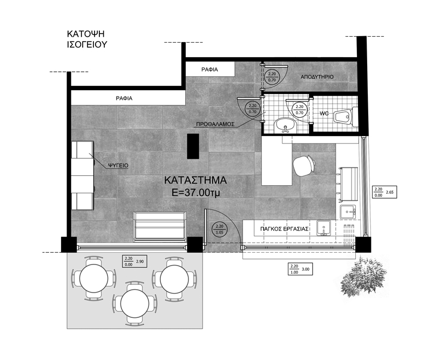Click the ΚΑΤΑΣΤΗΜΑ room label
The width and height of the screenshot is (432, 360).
(x=195, y=180)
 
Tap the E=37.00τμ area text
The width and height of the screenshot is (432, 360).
(x=196, y=193)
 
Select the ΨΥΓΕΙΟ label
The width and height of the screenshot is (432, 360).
(x=118, y=165)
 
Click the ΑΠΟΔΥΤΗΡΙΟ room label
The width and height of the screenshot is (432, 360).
(x=317, y=77)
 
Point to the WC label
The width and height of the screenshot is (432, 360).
(x=325, y=113)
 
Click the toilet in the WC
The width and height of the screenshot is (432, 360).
(x=346, y=117)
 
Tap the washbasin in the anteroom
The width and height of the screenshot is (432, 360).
(x=285, y=126)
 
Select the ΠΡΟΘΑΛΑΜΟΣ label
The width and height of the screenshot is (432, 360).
(x=215, y=124)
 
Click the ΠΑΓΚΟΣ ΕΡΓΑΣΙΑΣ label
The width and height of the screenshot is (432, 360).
(x=284, y=229)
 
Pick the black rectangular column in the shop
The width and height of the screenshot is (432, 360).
(x=193, y=146)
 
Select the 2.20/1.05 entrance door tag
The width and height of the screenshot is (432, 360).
(x=220, y=229)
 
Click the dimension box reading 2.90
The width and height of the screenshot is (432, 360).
(x=134, y=261)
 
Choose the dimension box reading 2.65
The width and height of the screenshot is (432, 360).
(x=384, y=192)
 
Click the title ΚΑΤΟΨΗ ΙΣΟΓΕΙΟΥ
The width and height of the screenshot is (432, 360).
(x=87, y=39)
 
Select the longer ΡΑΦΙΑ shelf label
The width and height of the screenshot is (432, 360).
(x=124, y=98)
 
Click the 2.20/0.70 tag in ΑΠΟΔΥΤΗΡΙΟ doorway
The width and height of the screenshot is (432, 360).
(x=272, y=77)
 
